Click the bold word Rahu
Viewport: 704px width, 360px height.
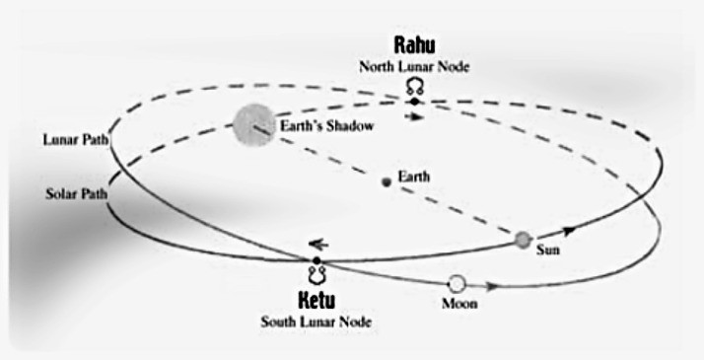point(414,45)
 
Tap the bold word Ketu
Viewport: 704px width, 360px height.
point(317,300)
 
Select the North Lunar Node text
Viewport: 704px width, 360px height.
point(414,67)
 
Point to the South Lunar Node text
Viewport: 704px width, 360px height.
point(317,322)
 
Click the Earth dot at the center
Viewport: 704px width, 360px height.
point(387,181)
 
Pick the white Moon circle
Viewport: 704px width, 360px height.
point(457,284)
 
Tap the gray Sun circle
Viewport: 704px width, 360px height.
point(523,240)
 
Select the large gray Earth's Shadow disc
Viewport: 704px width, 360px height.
point(253,125)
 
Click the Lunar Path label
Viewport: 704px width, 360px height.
point(76,140)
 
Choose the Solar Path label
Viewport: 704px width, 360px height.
point(76,194)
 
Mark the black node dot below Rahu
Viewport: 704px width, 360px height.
point(414,102)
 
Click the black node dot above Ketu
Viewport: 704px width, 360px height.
point(317,260)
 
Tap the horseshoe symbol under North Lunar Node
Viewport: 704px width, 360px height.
point(415,87)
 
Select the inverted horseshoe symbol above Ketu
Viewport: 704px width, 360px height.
point(317,275)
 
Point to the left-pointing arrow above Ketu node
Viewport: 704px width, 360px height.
point(318,245)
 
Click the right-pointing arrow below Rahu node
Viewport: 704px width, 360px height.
point(414,116)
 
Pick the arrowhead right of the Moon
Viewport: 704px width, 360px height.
point(492,286)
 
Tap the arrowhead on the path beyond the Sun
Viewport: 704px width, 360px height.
point(569,231)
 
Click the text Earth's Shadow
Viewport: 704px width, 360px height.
point(327,125)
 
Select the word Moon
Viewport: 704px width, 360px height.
point(459,304)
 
